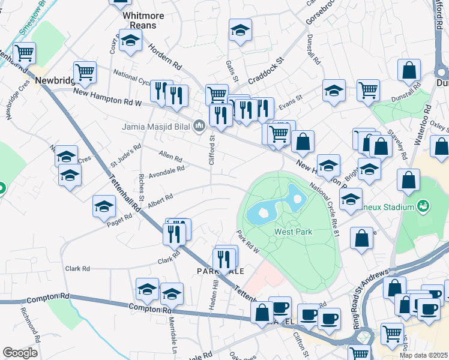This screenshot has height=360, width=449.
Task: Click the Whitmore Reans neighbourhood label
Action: (x=139, y=20)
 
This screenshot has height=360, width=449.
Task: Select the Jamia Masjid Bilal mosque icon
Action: (x=199, y=125)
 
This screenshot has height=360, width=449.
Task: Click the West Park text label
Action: (x=293, y=232)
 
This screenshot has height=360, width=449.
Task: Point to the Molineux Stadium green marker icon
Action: (x=424, y=206)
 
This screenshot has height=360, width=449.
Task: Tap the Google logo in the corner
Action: (x=20, y=353)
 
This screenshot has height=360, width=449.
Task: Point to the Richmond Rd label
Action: (x=30, y=324)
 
